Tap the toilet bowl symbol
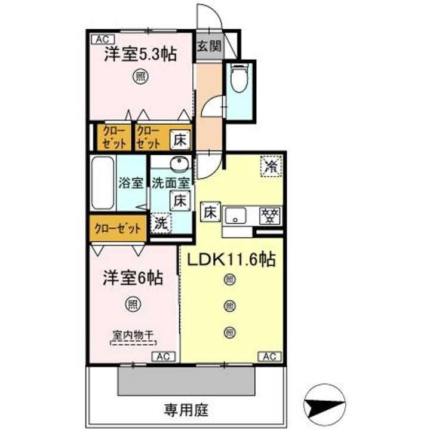click(239, 80)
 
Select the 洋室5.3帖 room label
click(140, 54)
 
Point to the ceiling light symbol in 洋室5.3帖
click(140, 76)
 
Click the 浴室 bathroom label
click(131, 183)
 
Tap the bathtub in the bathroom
click(103, 183)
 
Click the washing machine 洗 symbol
click(160, 224)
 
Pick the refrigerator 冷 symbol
click(271, 165)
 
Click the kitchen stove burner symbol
click(269, 214)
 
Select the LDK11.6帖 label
click(232, 260)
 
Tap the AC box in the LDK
click(268, 357)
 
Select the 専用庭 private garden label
click(185, 410)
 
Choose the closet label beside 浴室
click(118, 228)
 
